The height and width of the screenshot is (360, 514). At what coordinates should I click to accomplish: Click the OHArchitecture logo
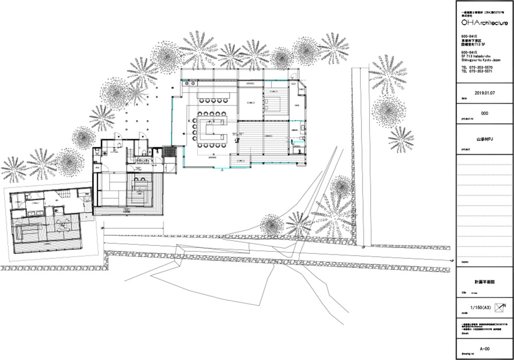[484, 23]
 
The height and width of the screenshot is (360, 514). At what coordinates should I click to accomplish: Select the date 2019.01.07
[485, 92]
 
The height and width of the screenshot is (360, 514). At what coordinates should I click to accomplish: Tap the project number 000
[485, 114]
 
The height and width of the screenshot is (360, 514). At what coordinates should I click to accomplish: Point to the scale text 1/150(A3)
[480, 308]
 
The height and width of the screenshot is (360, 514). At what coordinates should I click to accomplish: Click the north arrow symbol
[501, 308]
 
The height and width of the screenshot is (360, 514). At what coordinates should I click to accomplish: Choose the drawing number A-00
[485, 347]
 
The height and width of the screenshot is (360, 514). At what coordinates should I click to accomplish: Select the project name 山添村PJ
[485, 138]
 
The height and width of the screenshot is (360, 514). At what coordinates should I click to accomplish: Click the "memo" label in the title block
[465, 262]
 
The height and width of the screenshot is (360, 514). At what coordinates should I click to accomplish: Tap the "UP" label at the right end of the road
[453, 260]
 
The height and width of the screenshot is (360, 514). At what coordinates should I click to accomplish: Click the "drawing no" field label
[467, 354]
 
